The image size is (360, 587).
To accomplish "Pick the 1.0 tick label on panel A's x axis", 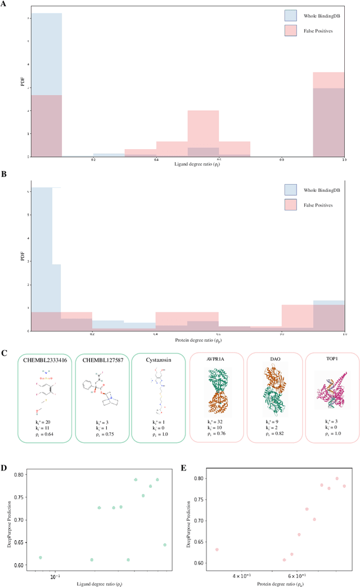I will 344,160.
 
